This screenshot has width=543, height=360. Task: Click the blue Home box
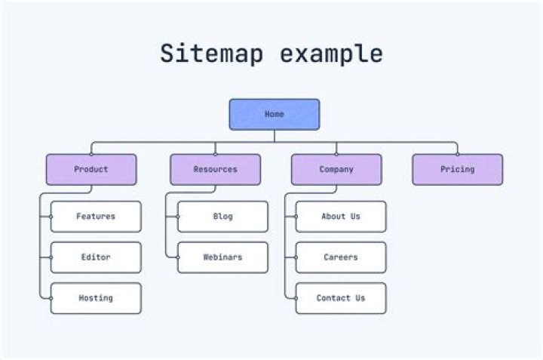(274, 114)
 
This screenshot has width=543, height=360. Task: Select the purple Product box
(91, 170)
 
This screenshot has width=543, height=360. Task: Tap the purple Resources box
(215, 170)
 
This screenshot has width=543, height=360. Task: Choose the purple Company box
(336, 170)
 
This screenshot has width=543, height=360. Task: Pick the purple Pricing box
(457, 170)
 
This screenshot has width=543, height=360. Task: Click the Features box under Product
(96, 217)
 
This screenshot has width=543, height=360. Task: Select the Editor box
(96, 257)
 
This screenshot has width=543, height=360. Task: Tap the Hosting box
(96, 298)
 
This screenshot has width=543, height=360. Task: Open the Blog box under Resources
(222, 217)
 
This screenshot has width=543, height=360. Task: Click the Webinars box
(222, 257)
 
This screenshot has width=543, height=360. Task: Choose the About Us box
(341, 217)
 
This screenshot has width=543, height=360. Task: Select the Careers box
(341, 257)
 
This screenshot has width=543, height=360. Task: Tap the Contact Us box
(341, 298)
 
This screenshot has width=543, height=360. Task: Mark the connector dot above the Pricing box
(457, 154)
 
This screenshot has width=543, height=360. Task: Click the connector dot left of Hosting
(51, 298)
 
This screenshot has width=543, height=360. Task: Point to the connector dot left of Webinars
(177, 257)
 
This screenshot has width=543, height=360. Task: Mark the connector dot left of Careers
(296, 257)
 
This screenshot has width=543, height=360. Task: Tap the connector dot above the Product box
(91, 154)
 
